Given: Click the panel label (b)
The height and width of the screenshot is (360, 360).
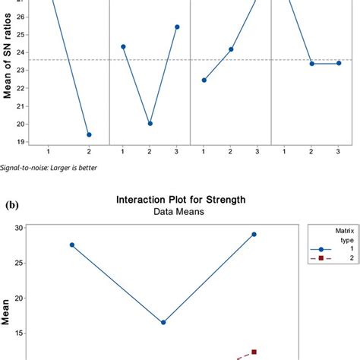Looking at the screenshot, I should coord(13,204).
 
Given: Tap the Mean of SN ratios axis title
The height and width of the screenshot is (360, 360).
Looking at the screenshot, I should coord(11,72).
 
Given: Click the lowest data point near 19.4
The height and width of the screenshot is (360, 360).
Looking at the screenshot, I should coord(89,134).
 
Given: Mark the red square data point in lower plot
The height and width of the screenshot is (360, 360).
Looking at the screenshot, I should coord(254,352).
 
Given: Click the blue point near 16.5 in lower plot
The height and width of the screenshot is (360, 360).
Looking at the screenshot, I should coord(163,322).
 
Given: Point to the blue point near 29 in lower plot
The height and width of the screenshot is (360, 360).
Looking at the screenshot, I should coord(254,234).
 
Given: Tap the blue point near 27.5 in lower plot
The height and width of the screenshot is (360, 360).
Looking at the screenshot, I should coord(72,245).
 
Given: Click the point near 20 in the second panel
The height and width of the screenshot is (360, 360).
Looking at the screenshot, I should coord(150,123).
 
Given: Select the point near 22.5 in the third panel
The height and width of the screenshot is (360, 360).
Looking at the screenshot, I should coord(204,80).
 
